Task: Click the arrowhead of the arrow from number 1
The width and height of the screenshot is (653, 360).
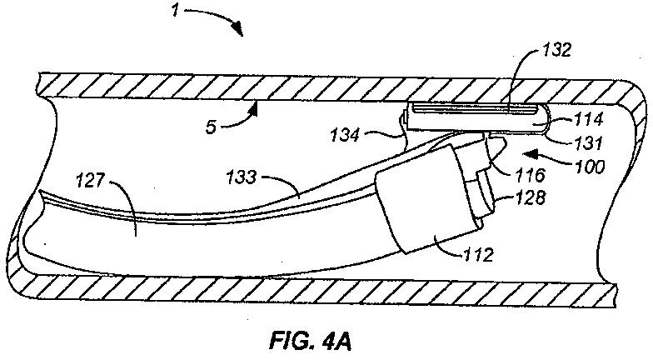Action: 241,32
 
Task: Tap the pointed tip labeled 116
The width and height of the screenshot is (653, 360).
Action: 497,149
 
